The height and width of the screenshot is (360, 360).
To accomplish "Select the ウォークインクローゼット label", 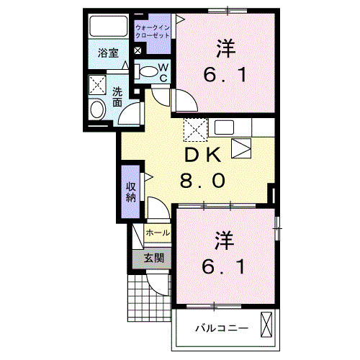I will click(153, 31).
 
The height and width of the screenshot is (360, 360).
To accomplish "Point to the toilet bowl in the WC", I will click(148, 71).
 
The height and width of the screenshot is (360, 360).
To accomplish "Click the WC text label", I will click(164, 72).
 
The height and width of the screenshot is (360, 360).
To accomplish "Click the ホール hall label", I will click(158, 233).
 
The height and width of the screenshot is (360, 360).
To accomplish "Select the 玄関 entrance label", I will click(153, 258).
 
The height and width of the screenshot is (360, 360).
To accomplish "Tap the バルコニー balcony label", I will click(222, 328).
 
